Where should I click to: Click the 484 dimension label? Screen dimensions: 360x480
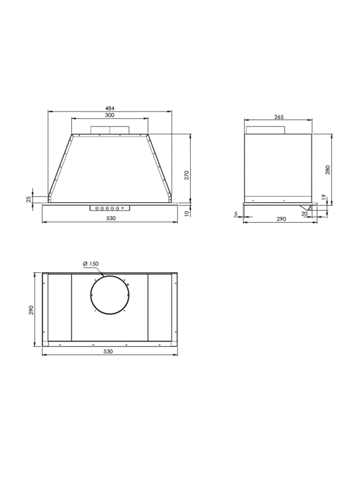(110, 108)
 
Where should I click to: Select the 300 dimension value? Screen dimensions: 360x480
(110, 115)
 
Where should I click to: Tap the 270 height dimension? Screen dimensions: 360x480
(187, 175)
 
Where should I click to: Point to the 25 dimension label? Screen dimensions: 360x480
(28, 199)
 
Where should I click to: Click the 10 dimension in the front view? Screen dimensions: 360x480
(187, 214)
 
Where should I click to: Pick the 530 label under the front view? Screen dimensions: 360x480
(111, 218)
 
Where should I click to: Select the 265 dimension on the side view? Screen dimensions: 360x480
(279, 116)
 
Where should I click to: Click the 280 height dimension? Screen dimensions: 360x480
(328, 170)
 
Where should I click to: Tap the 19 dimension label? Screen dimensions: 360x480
(325, 197)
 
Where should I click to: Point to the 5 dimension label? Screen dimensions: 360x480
(236, 214)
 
